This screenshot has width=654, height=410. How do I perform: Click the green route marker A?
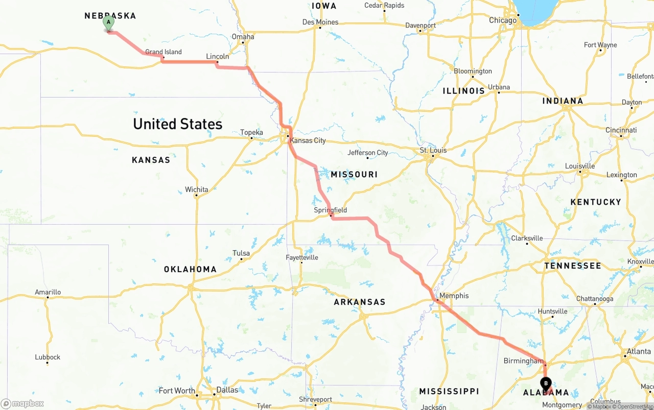(x=108, y=23)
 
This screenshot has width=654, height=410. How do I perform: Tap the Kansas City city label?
(x=308, y=140)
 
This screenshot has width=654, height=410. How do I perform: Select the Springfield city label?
(x=330, y=210)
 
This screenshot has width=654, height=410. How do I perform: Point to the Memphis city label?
(x=454, y=296)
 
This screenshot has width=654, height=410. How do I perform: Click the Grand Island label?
(x=163, y=52)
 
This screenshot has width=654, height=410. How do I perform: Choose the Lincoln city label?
(x=217, y=56)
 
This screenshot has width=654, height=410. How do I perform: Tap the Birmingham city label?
(x=523, y=361)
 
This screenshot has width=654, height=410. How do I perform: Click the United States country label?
(x=177, y=124)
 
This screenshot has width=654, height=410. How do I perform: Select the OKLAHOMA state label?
(x=190, y=269)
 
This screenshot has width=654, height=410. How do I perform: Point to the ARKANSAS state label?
(x=360, y=302)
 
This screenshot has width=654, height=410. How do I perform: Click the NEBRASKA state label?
(x=110, y=16)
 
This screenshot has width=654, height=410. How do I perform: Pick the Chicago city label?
(x=503, y=20)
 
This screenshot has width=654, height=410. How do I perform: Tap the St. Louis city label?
(x=433, y=150)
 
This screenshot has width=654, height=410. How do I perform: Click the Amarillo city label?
(x=48, y=292)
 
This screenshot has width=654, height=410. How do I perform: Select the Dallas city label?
(x=227, y=390)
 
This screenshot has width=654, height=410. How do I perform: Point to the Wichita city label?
(x=197, y=189)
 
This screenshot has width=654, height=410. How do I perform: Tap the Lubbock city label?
(x=48, y=357)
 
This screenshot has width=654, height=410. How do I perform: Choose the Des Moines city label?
(x=320, y=22)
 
